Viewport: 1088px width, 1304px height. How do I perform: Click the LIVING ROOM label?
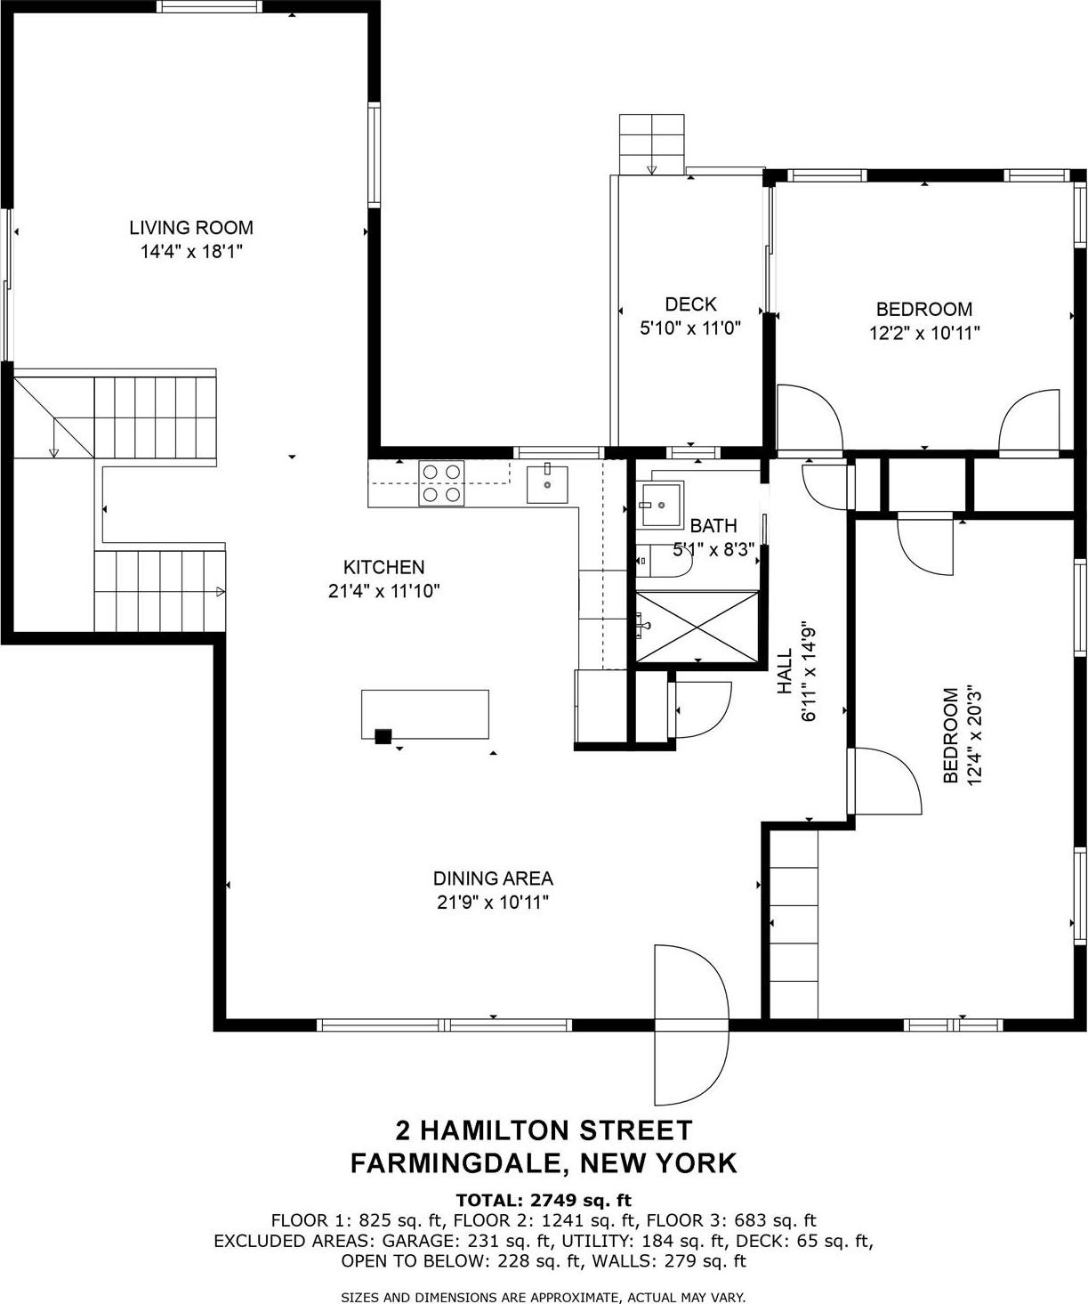(191, 228)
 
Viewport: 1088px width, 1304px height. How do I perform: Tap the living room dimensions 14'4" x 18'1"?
(191, 252)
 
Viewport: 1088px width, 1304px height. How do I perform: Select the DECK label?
(690, 304)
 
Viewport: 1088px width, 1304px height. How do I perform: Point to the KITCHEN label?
(383, 567)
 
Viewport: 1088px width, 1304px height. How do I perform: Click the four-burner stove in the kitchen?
(442, 483)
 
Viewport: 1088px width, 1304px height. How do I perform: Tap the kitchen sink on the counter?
(548, 482)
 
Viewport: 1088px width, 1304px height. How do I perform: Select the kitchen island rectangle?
(424, 713)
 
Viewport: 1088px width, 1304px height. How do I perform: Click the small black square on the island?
(383, 736)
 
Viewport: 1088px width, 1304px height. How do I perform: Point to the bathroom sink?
(659, 505)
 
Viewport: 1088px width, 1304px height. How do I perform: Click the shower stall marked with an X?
(697, 626)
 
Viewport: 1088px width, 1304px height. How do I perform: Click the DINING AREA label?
(493, 879)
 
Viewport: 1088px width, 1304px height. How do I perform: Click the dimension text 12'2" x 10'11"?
(924, 334)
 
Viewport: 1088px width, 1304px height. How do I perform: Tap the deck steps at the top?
(652, 143)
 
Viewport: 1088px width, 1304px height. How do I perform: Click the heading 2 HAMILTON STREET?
(544, 1130)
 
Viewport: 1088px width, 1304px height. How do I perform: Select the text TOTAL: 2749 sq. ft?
(544, 1201)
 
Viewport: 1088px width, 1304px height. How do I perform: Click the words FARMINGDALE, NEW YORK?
(544, 1162)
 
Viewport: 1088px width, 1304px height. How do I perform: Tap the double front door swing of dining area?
(690, 1024)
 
